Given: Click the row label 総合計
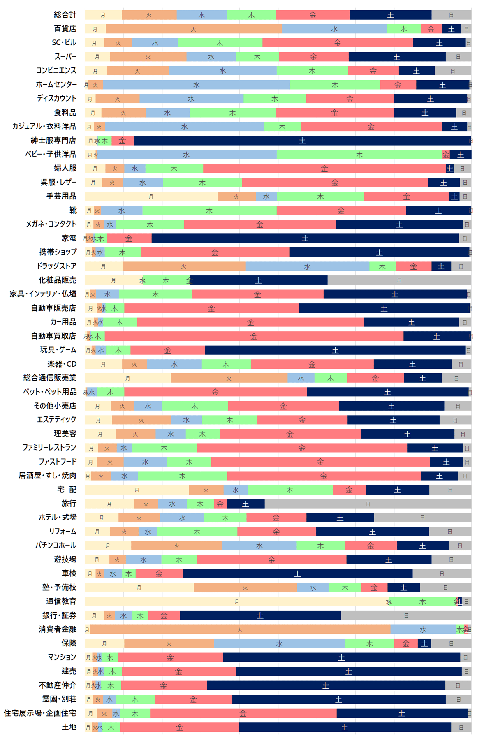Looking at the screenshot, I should [65, 15].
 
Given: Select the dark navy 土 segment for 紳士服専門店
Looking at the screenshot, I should [302, 141].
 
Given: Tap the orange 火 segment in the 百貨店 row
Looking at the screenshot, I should [193, 29].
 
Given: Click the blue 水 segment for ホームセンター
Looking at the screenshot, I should [197, 85].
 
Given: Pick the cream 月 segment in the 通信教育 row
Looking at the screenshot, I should [236, 601].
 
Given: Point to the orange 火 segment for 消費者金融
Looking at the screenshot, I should [240, 629].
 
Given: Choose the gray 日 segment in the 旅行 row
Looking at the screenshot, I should [368, 504].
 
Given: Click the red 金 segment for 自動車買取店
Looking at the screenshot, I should [254, 336].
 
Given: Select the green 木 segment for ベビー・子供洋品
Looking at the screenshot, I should [359, 155].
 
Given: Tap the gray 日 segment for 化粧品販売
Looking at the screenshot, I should [399, 280].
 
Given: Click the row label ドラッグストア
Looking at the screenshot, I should [56, 266].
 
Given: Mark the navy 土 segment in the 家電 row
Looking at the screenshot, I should [305, 238].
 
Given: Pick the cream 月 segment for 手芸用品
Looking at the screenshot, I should [151, 196].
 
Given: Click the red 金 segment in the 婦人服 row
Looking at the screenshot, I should [324, 169].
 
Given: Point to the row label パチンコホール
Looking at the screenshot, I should [56, 546].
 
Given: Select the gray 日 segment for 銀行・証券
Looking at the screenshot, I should [406, 615].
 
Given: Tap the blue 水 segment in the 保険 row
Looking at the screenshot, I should [279, 643].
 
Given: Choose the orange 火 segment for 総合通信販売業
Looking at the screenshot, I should [229, 378].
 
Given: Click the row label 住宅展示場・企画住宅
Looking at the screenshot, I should [40, 713].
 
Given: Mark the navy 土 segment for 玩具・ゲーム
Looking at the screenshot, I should [335, 350].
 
